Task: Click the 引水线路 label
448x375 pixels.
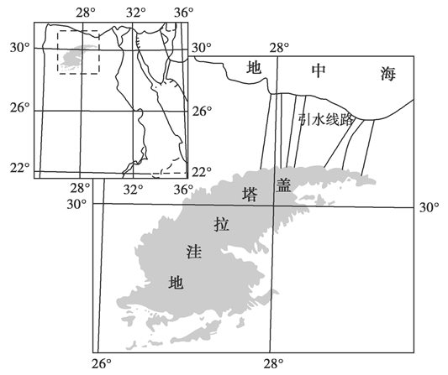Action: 325,120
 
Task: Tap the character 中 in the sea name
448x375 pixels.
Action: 318,70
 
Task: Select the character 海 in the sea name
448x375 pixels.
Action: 388,74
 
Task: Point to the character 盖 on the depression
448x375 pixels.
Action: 283,185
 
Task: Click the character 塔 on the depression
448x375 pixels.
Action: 250,194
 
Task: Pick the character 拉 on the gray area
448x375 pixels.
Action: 222,224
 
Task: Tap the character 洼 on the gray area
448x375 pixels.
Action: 193,252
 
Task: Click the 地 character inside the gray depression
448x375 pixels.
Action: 176,283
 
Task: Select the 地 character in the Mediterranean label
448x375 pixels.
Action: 254,68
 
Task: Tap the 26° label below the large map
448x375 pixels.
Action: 102,364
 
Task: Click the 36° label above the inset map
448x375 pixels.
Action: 183,13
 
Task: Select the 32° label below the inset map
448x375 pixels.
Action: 133,189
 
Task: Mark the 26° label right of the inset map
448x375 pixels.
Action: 202,112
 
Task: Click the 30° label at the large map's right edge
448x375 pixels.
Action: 430,208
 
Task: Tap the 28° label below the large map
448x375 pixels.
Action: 273,364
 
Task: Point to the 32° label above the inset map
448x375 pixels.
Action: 135,13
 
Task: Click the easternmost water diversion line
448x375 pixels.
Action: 367,148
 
